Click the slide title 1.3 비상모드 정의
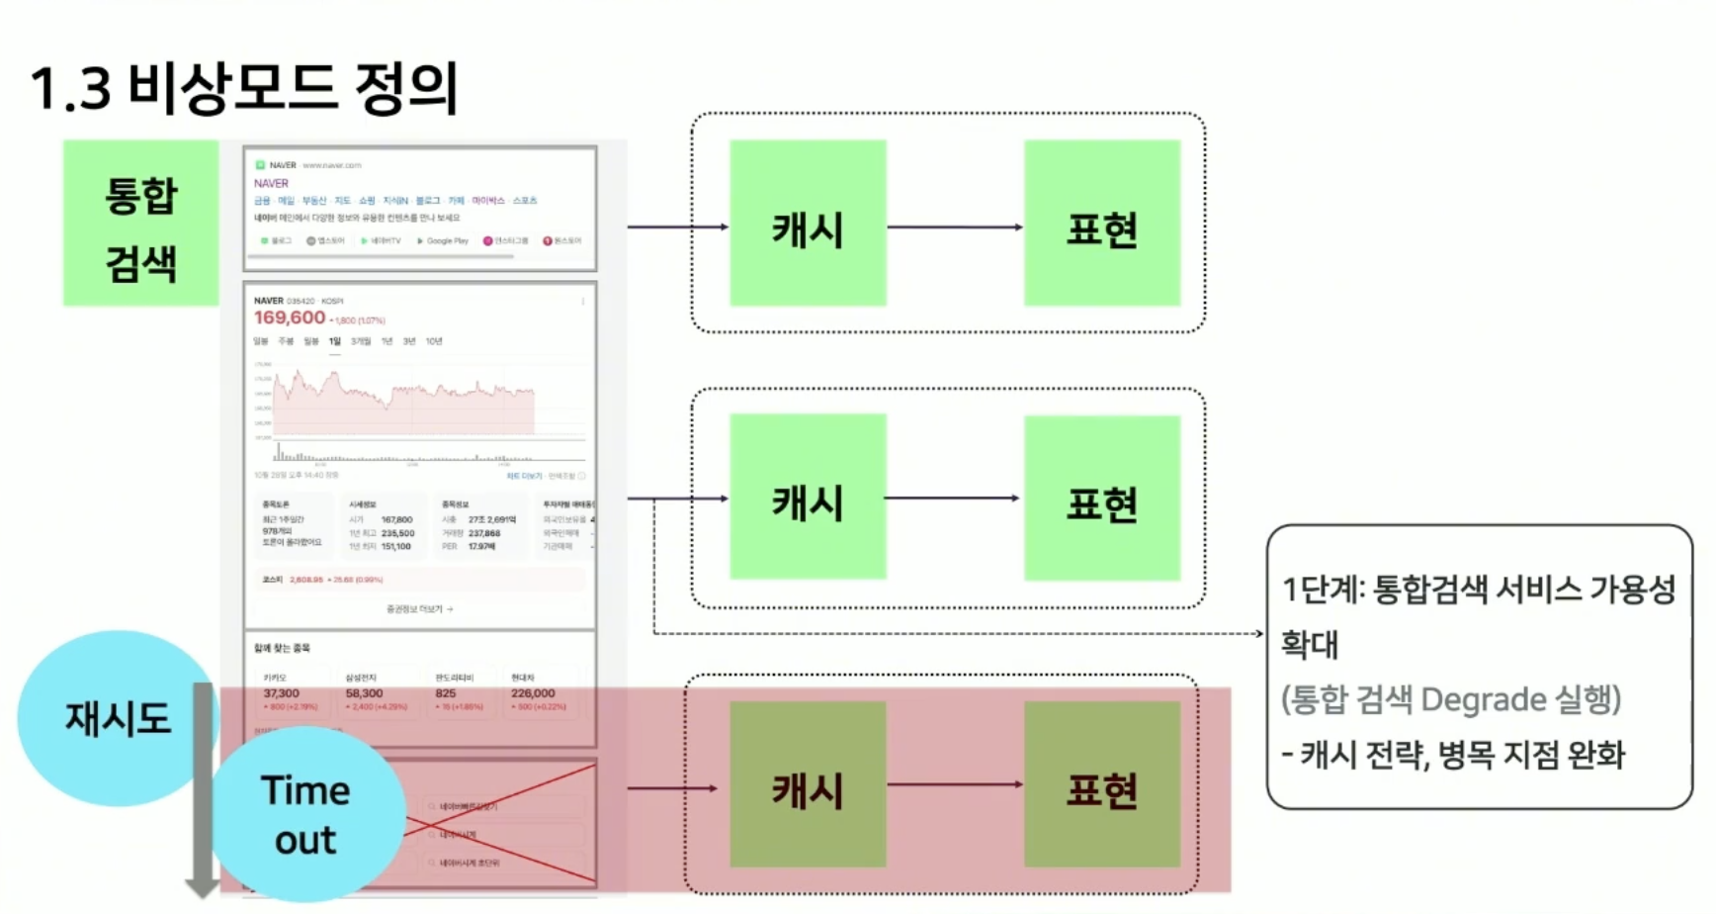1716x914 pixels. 244,87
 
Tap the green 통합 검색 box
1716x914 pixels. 141,224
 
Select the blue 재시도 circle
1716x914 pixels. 117,718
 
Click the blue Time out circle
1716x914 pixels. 306,814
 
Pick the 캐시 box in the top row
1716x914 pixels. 808,225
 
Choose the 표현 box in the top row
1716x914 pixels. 1101,225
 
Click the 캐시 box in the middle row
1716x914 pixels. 808,498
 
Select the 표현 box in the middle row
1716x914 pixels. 1101,499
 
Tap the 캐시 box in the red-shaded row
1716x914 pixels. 808,785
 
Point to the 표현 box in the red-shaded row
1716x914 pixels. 1101,785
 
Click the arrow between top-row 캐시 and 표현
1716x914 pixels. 954,228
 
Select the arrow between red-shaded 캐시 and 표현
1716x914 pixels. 954,784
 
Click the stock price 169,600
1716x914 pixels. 290,318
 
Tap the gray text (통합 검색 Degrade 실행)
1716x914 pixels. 1451,699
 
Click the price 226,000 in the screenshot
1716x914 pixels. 533,693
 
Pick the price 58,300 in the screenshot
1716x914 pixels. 364,693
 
